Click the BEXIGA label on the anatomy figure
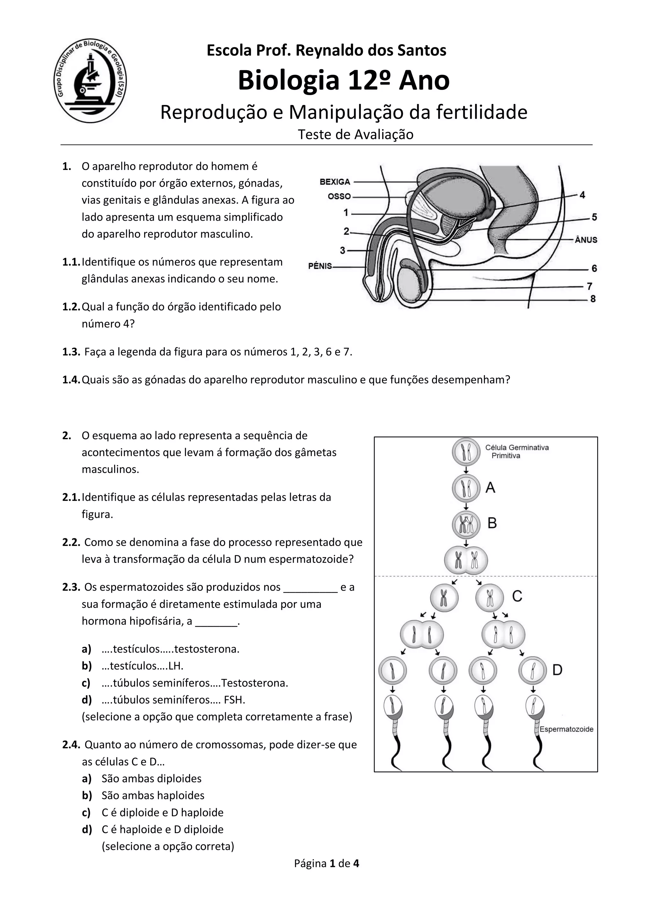tap(335, 182)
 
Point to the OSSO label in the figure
tap(339, 196)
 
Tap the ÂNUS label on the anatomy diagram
tap(586, 240)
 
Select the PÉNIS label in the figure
tap(320, 266)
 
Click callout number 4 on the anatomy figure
tap(582, 195)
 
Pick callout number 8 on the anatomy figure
tap(593, 299)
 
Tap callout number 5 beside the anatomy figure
tap(594, 217)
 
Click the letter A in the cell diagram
tap(490, 488)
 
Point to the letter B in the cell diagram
tap(492, 523)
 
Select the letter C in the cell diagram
tap(517, 596)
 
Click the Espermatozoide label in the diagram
tap(566, 729)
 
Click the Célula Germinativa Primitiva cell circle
tap(466, 452)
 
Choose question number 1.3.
tap(71, 352)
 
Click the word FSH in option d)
tap(235, 700)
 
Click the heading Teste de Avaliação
tap(356, 134)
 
